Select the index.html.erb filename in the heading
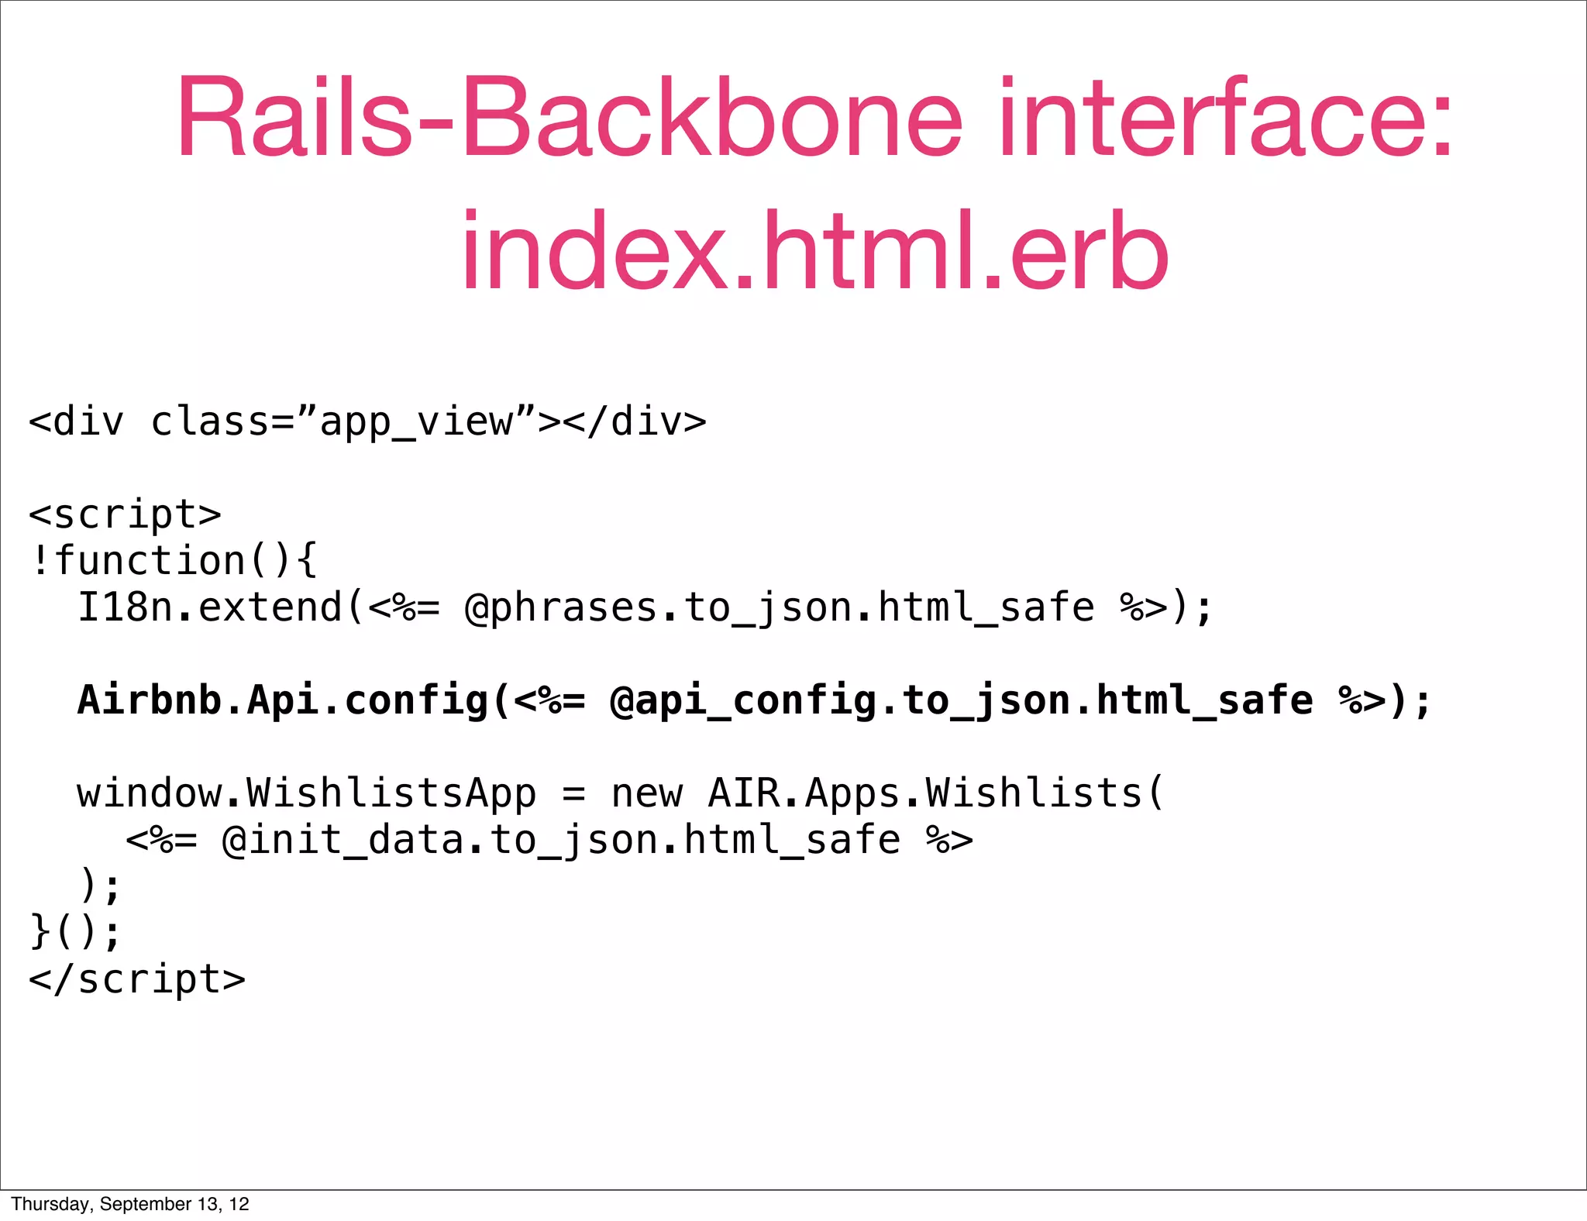[x=814, y=252]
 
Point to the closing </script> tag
[x=137, y=979]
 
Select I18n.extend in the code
[x=209, y=607]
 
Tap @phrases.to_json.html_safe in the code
[x=779, y=608]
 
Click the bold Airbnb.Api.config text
[x=283, y=700]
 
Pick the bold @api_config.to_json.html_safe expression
[x=961, y=701]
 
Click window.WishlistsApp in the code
[x=306, y=793]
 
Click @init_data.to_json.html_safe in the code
[x=560, y=841]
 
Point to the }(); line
[x=75, y=932]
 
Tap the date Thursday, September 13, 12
[x=130, y=1204]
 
